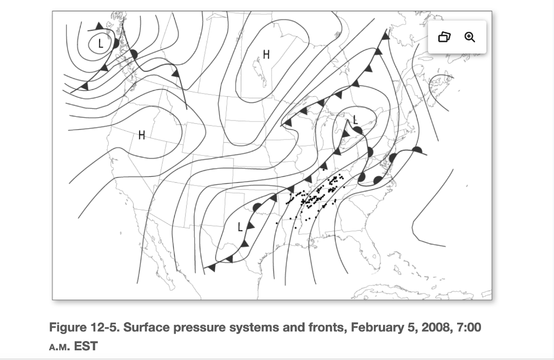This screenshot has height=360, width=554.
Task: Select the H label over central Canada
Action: pos(266,54)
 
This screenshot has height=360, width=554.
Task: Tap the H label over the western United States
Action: pos(142,135)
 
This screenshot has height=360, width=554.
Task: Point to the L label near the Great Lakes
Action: pos(355,119)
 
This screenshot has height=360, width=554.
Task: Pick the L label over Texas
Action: pos(240,226)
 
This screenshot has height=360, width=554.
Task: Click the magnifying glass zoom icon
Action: pos(470,37)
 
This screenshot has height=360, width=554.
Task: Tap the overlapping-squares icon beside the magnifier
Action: pos(444,37)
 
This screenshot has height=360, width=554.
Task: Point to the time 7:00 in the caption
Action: pos(469,328)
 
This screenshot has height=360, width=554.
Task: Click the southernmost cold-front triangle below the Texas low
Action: pos(212,266)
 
